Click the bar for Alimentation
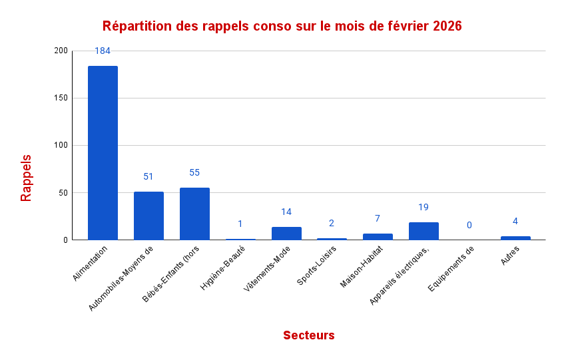click(103, 152)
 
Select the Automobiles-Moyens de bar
click(148, 216)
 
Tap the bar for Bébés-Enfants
click(194, 214)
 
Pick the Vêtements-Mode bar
click(286, 233)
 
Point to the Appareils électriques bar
click(423, 231)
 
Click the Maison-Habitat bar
click(378, 236)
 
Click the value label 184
click(103, 51)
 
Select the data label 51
click(148, 176)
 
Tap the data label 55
click(194, 172)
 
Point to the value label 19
click(423, 207)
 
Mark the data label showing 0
click(469, 225)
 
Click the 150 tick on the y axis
click(61, 98)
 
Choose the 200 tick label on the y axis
click(61, 51)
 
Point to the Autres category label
click(511, 255)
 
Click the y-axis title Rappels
click(26, 178)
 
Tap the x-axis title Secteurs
click(308, 335)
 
